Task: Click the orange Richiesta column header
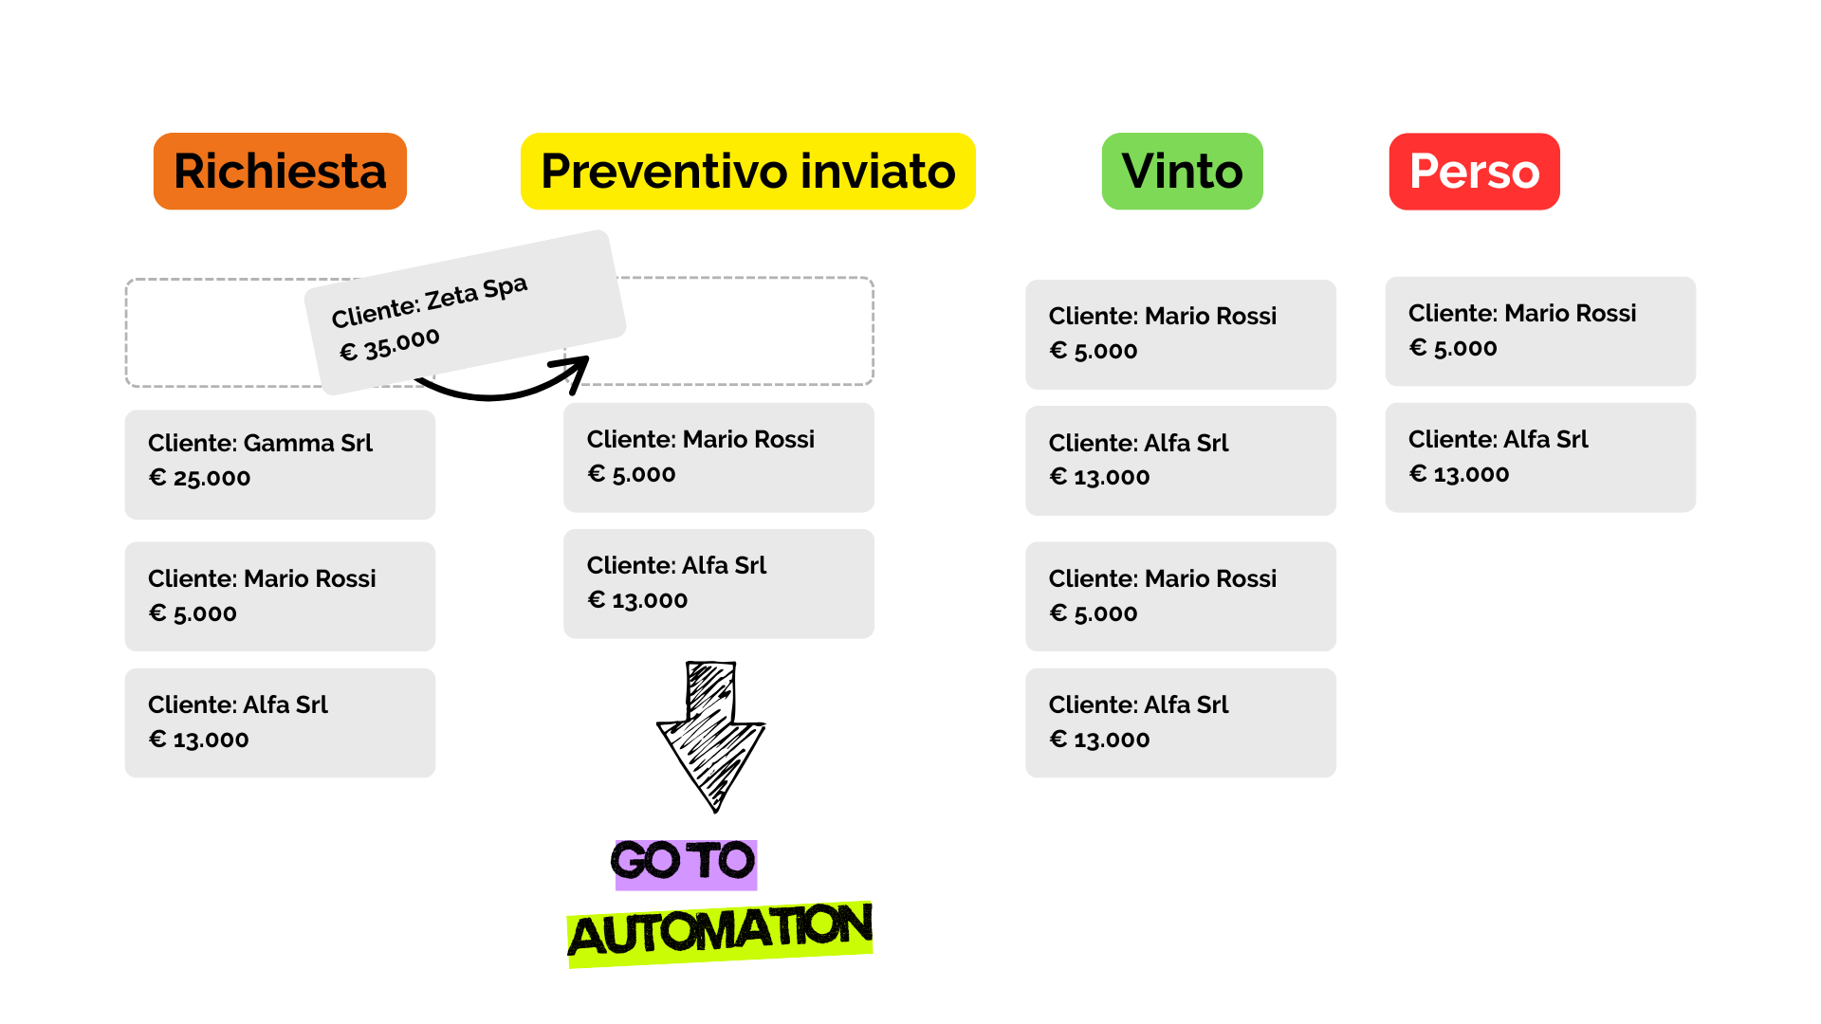pyautogui.click(x=280, y=172)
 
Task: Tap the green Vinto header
pyautogui.click(x=1182, y=172)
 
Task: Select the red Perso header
pyautogui.click(x=1474, y=172)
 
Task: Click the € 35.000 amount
pyautogui.click(x=390, y=344)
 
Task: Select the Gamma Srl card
pyautogui.click(x=280, y=465)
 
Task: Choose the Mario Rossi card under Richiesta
pyautogui.click(x=280, y=596)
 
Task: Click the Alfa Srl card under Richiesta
pyautogui.click(x=280, y=722)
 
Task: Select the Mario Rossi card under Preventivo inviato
pyautogui.click(x=719, y=457)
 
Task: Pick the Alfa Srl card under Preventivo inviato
pyautogui.click(x=719, y=583)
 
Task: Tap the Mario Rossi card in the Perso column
pyautogui.click(x=1540, y=331)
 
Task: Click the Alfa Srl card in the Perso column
pyautogui.click(x=1540, y=457)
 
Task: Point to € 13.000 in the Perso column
pyautogui.click(x=1460, y=474)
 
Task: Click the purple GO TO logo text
pyautogui.click(x=686, y=864)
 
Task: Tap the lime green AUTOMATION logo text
pyautogui.click(x=720, y=933)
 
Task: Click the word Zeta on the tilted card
pyautogui.click(x=451, y=299)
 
